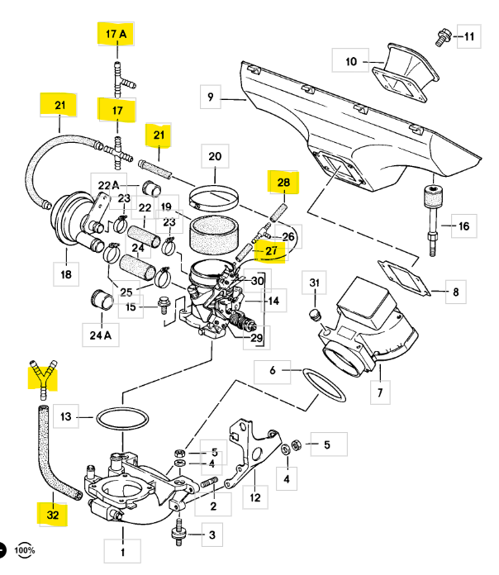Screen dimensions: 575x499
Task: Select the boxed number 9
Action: [x=211, y=97]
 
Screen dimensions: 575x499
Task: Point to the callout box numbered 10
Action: [x=351, y=60]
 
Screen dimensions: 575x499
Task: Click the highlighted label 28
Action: [x=283, y=183]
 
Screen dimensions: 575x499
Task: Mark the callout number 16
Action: [x=463, y=225]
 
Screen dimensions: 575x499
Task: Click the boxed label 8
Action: [x=455, y=292]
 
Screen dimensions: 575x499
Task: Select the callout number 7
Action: [x=379, y=390]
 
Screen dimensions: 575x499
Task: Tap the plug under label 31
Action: [x=314, y=316]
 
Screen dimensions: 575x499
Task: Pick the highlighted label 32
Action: [x=53, y=513]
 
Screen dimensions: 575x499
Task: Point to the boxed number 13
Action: [x=68, y=416]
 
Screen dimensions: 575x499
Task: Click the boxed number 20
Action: [x=215, y=156]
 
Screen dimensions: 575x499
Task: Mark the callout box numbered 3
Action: [x=211, y=535]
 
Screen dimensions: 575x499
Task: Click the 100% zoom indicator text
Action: [x=25, y=549]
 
